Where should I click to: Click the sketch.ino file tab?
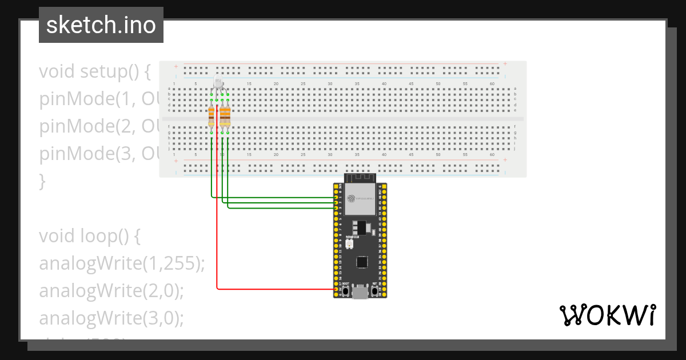[x=101, y=25]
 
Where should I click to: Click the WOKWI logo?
[x=607, y=315]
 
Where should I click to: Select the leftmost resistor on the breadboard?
[x=212, y=117]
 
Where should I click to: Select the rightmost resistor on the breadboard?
[x=228, y=117]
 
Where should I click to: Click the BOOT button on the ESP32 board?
[x=345, y=292]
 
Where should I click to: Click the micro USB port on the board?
[x=360, y=293]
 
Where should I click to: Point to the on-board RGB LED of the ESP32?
[x=350, y=244]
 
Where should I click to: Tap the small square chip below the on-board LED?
[x=361, y=262]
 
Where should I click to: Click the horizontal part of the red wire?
[x=274, y=289]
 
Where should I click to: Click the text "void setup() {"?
[x=95, y=72]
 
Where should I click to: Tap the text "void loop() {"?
[x=89, y=236]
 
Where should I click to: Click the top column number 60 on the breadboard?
[x=492, y=84]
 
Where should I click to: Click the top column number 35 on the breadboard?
[x=357, y=84]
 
